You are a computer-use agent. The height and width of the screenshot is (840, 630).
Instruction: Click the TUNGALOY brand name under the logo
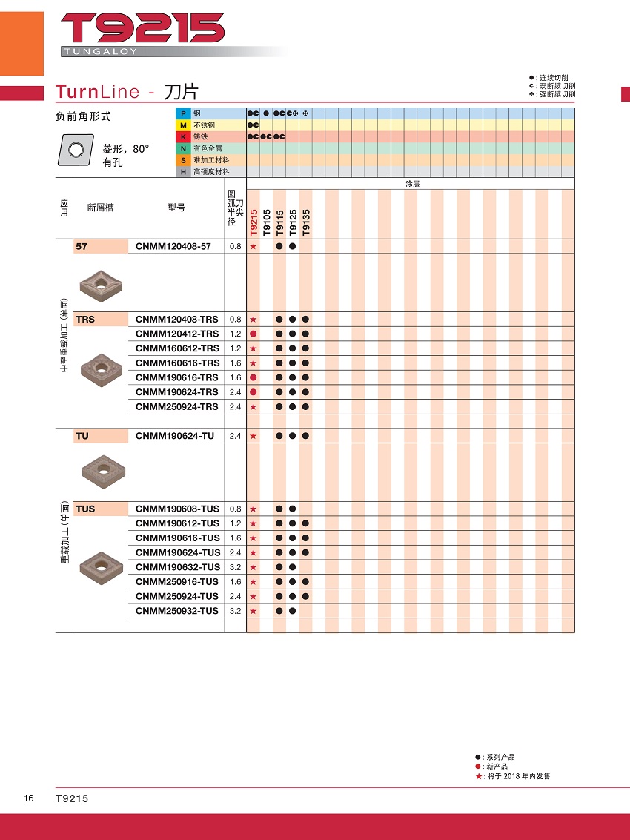(101, 52)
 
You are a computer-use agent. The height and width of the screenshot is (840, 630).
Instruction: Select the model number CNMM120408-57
(173, 246)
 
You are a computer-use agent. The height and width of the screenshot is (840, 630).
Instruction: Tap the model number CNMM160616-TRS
(177, 363)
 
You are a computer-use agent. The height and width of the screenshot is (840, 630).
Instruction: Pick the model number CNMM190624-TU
(174, 436)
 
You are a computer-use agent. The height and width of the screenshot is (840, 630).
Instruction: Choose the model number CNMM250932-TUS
(177, 611)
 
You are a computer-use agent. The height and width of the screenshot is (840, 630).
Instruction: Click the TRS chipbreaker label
(85, 320)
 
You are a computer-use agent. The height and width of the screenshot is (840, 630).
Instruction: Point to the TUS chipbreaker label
(85, 509)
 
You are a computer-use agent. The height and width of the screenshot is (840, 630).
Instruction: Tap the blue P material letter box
(182, 113)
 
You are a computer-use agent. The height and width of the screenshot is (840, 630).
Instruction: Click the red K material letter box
(182, 136)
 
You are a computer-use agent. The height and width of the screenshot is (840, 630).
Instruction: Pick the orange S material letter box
(182, 160)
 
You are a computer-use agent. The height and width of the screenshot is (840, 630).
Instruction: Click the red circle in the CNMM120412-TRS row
(253, 334)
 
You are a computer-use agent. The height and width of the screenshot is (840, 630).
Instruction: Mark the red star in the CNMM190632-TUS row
(253, 567)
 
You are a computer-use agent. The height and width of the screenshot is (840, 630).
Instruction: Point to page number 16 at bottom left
(29, 798)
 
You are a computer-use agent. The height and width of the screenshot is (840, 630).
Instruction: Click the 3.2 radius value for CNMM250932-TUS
(235, 611)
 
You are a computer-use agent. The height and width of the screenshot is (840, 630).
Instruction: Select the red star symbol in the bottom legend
(479, 776)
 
